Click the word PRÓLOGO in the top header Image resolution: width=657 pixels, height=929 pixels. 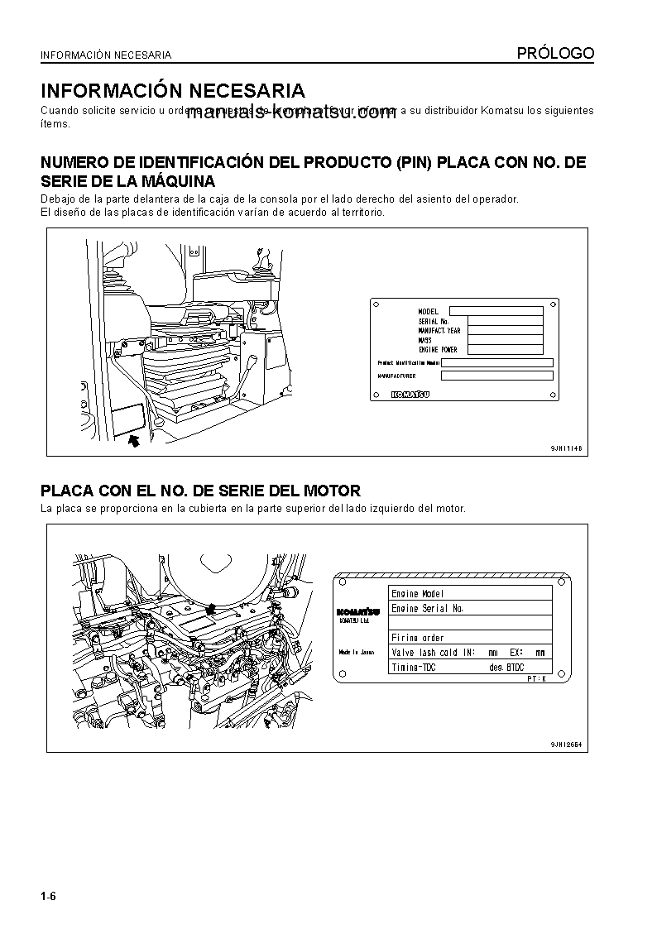[555, 54]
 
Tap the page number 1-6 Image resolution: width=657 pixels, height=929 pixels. [48, 897]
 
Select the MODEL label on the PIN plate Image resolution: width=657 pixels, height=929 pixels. [429, 311]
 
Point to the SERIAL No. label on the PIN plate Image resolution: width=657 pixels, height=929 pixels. [434, 321]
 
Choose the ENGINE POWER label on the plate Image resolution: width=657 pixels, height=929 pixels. [438, 350]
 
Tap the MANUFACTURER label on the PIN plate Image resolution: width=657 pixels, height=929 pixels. [396, 376]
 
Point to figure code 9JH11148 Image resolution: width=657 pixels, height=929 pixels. [567, 448]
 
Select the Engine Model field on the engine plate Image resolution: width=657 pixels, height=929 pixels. [418, 593]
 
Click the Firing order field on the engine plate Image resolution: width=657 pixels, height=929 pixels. [418, 638]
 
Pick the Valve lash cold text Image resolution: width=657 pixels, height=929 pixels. [424, 653]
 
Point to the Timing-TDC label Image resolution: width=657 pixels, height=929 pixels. [415, 667]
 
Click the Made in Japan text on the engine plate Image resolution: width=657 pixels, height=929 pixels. [357, 652]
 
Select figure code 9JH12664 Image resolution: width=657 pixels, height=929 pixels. [567, 745]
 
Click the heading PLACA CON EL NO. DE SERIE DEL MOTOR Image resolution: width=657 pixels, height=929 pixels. [200, 491]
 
